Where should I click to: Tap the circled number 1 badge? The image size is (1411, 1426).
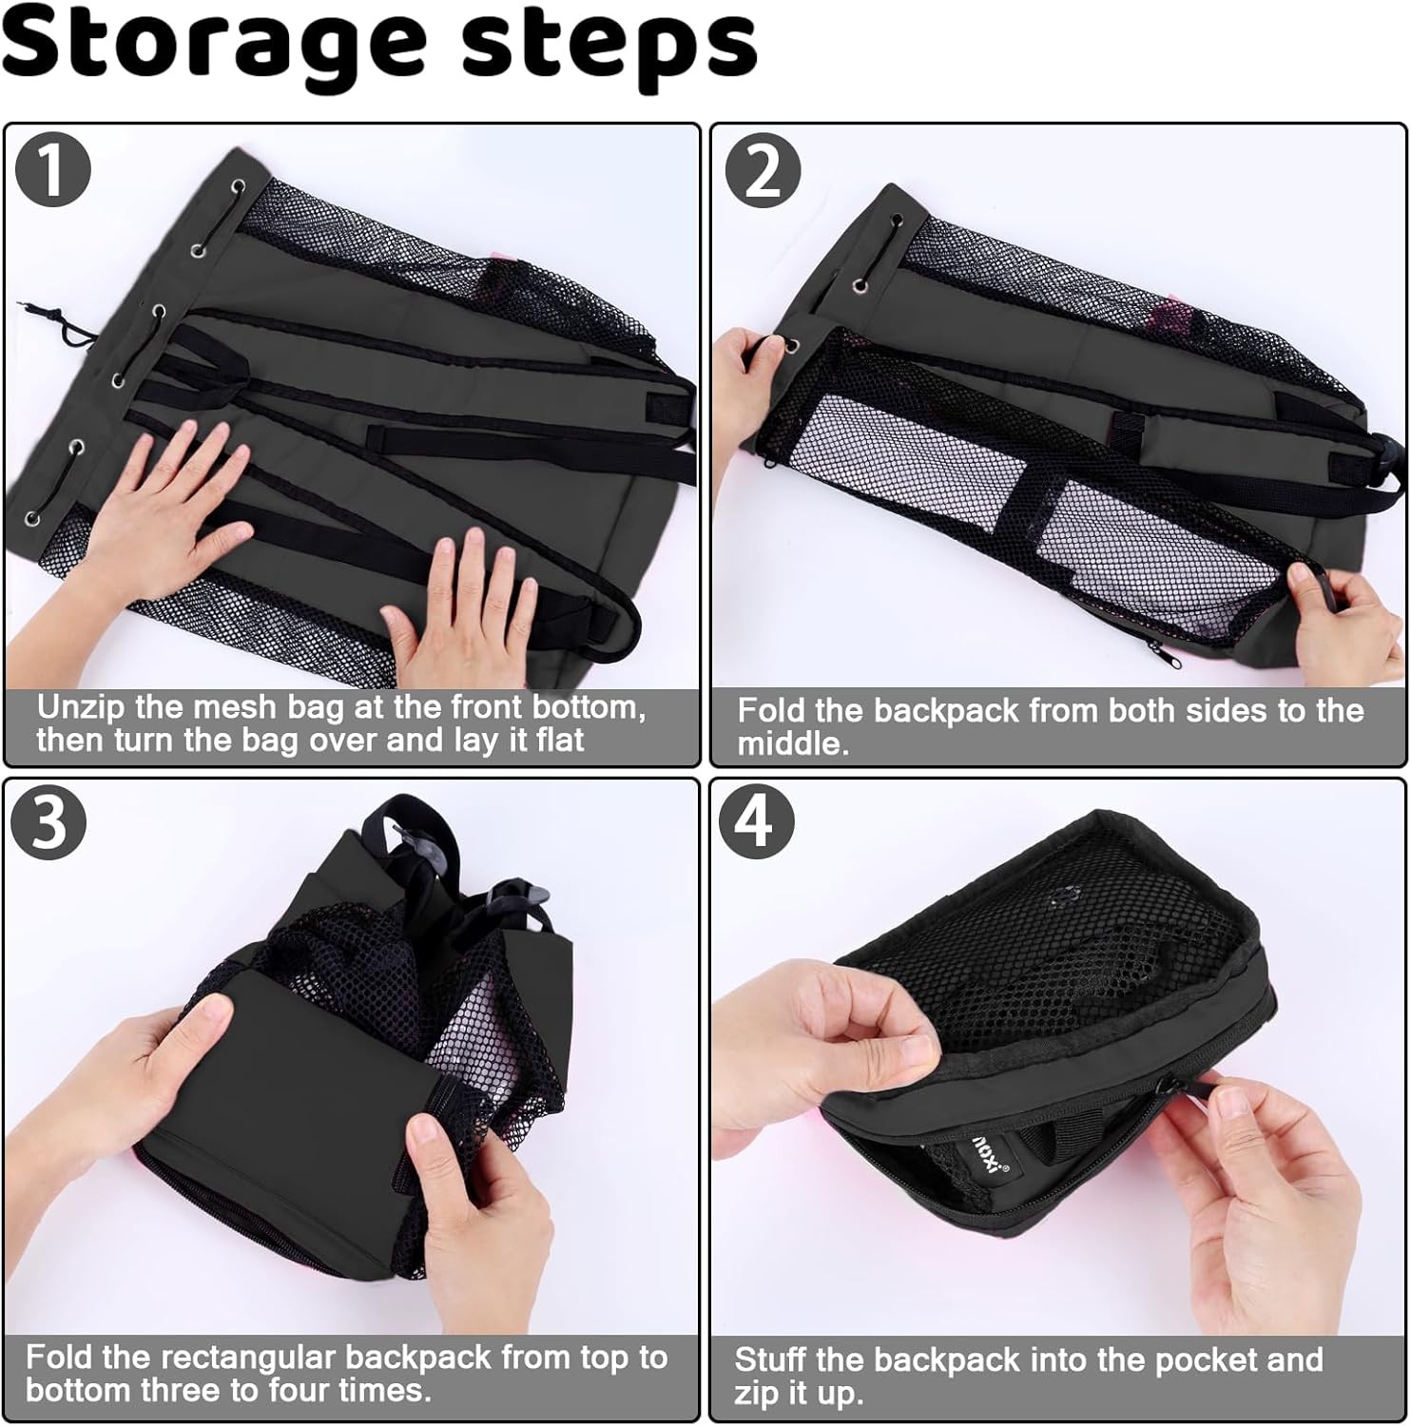pyautogui.click(x=53, y=169)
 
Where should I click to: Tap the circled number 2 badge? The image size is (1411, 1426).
pyautogui.click(x=763, y=171)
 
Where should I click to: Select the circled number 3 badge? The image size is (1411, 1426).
pyautogui.click(x=48, y=821)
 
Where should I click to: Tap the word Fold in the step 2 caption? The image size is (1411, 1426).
pyautogui.click(x=769, y=710)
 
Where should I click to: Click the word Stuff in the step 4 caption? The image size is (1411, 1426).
pyautogui.click(x=771, y=1360)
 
